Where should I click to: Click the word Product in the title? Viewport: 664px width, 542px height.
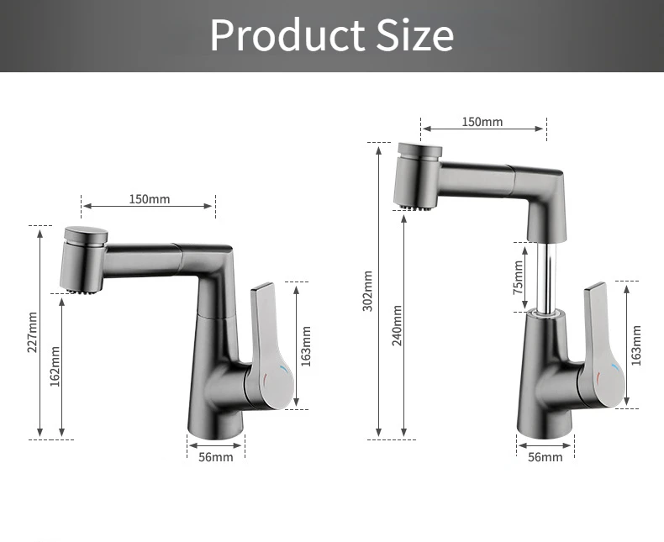pyautogui.click(x=287, y=34)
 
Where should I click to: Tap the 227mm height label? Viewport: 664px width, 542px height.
pyautogui.click(x=33, y=332)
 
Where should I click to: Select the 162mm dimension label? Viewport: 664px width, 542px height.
pyautogui.click(x=55, y=366)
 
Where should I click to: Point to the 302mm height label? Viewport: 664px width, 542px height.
pyautogui.click(x=367, y=291)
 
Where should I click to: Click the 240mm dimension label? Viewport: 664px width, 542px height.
pyautogui.click(x=397, y=325)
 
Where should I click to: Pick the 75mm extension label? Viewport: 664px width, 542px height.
pyautogui.click(x=518, y=278)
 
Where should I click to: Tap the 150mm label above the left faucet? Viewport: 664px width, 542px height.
pyautogui.click(x=150, y=199)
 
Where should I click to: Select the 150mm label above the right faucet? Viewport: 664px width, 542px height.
pyautogui.click(x=482, y=122)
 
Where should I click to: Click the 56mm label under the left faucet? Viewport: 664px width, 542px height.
pyautogui.click(x=216, y=457)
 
